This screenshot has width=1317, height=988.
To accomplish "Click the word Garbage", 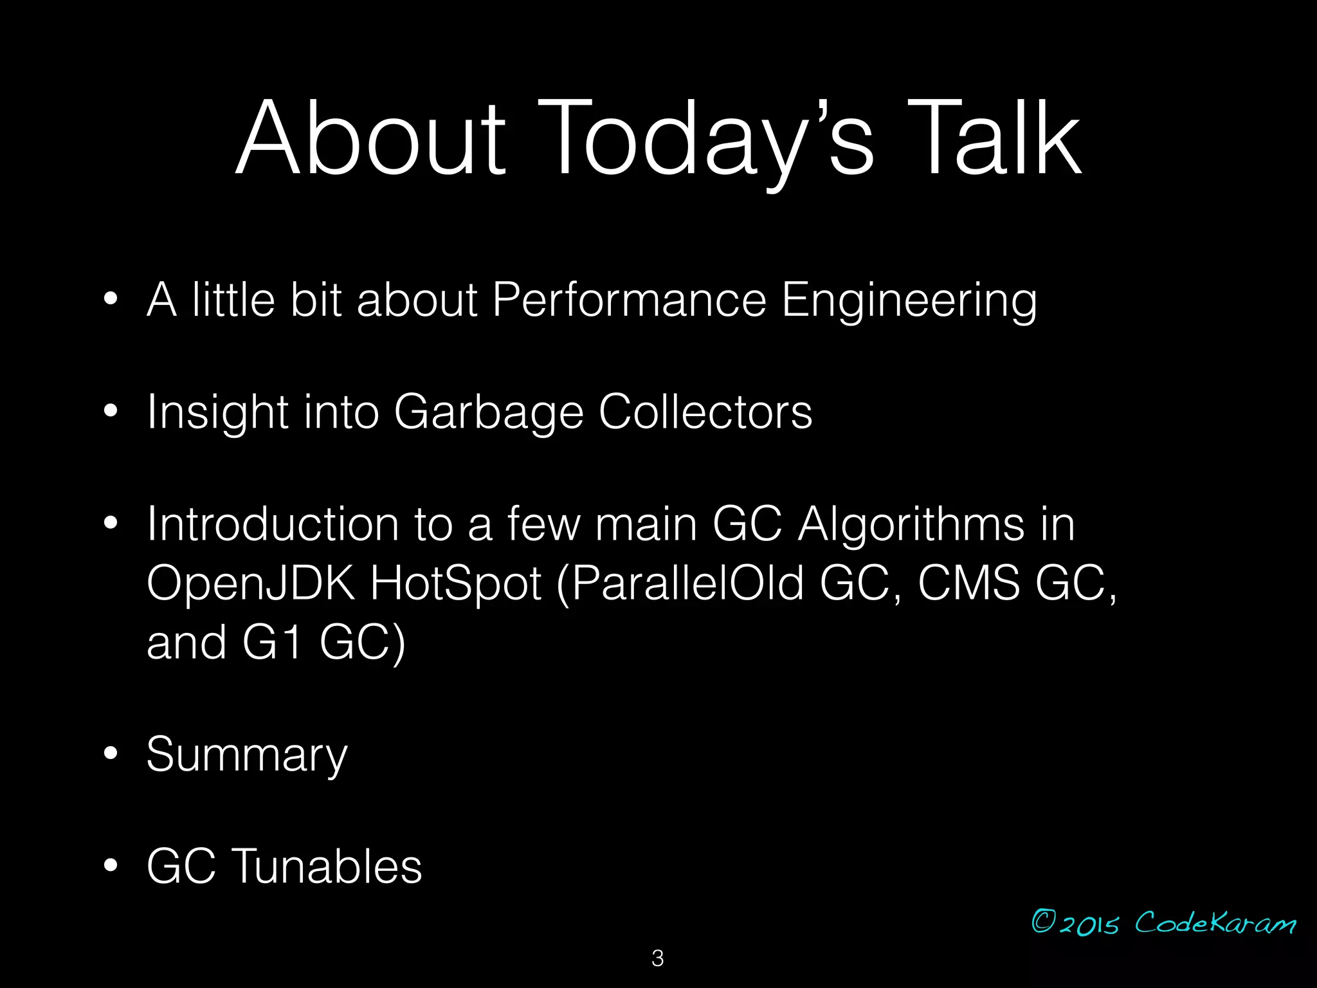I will [488, 412].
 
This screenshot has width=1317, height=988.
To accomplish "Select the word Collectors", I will [705, 412].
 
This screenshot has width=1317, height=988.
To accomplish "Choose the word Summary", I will [247, 755].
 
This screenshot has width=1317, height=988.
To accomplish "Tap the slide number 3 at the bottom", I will [657, 958].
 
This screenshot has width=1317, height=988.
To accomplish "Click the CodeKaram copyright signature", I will [1163, 923].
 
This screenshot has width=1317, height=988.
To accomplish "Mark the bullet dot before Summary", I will [111, 754].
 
